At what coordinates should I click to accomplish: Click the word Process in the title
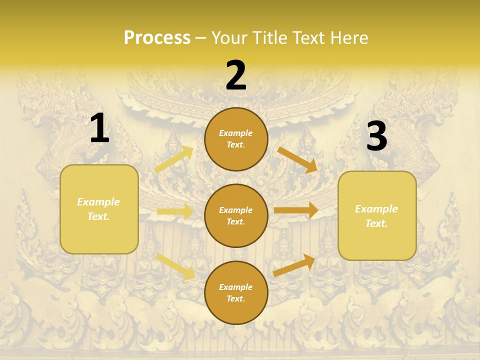pos(157,38)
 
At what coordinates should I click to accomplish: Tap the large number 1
pos(99,128)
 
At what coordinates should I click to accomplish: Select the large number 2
pos(236,75)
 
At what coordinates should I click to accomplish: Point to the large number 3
pos(376,136)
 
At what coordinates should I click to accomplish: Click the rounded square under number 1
pos(99,209)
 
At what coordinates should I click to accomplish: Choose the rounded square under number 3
pos(377,216)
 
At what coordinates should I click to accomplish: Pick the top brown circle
pos(236,139)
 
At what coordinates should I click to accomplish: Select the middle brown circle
pos(236,215)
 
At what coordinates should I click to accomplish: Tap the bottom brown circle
pos(236,292)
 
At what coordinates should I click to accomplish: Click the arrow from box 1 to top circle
pos(174,159)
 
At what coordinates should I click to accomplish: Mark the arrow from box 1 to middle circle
pos(175,212)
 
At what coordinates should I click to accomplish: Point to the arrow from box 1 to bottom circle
pos(175,266)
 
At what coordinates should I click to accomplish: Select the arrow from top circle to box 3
pos(297,160)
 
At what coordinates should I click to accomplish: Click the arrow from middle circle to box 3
pos(296,210)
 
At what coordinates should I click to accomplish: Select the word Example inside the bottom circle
pos(236,287)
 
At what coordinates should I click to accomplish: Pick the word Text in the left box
pos(98,216)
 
